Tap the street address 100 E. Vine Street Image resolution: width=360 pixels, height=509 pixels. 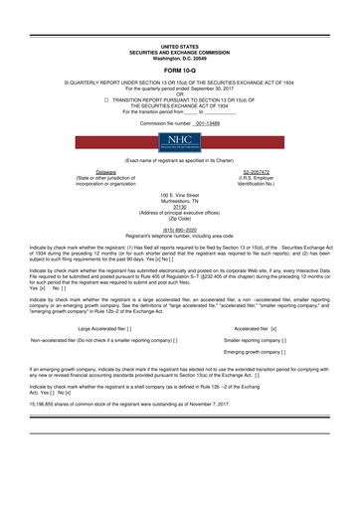(x=179, y=195)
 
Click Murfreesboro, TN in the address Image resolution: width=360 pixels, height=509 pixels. (x=179, y=201)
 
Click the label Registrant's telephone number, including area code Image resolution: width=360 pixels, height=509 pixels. (x=179, y=233)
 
